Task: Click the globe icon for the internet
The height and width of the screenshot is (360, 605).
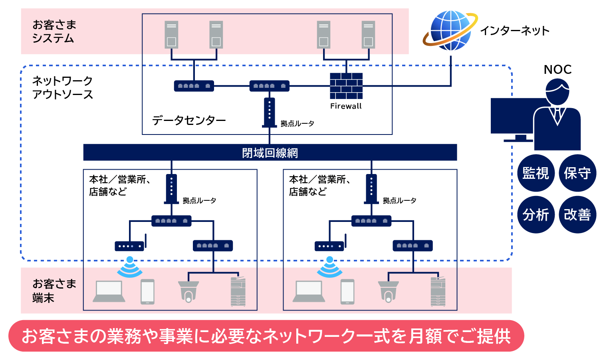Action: point(450,31)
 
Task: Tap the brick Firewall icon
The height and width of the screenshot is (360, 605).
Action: point(346,86)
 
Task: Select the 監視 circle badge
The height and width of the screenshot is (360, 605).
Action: point(536,173)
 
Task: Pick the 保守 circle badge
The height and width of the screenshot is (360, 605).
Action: point(577,173)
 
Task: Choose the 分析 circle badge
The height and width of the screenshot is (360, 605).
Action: point(536,215)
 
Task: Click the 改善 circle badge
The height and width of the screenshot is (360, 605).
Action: point(577,215)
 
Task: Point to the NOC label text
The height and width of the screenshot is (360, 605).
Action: point(557,69)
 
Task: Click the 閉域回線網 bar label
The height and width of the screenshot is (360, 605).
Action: point(270,153)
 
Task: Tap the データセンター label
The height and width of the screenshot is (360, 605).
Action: point(189,120)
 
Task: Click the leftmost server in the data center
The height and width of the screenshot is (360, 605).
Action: point(171,35)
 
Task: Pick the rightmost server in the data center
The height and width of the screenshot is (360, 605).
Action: point(368,35)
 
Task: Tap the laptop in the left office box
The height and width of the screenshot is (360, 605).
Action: point(109,291)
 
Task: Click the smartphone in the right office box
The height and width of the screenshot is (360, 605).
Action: point(347,292)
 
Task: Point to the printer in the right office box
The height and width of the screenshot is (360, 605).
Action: point(438,291)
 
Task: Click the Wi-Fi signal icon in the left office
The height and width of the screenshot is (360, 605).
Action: point(130,268)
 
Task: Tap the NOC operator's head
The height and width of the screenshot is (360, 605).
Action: point(557,91)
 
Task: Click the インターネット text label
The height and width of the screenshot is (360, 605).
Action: point(514,31)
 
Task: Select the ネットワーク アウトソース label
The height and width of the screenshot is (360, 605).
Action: point(63,88)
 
